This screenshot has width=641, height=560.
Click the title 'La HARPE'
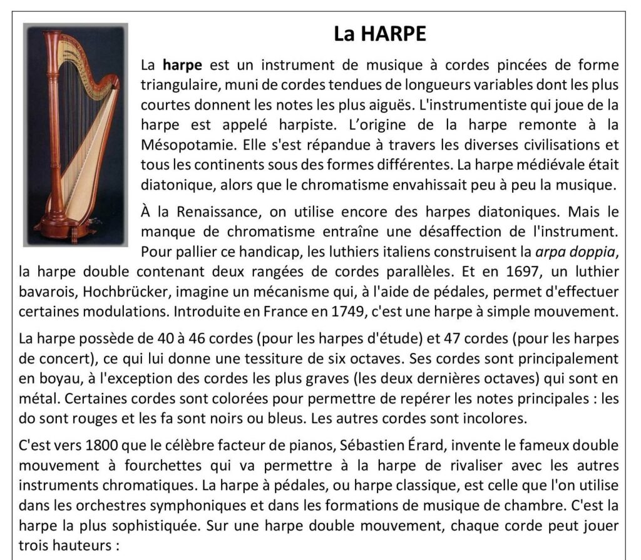click(380, 33)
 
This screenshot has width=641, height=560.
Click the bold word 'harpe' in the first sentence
click(182, 65)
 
